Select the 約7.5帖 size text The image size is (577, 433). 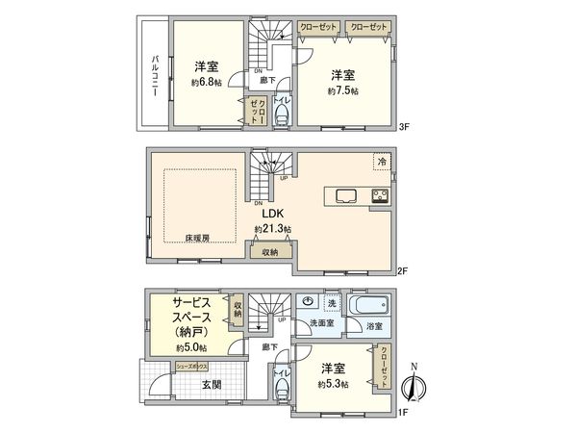point(342,90)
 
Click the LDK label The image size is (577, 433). point(273,215)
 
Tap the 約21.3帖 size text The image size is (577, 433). point(273,229)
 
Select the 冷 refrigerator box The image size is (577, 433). point(382,163)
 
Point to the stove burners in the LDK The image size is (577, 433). point(379,199)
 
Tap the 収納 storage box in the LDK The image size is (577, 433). point(271,252)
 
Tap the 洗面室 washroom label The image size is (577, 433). point(321,323)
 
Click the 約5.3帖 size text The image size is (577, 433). point(335,383)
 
